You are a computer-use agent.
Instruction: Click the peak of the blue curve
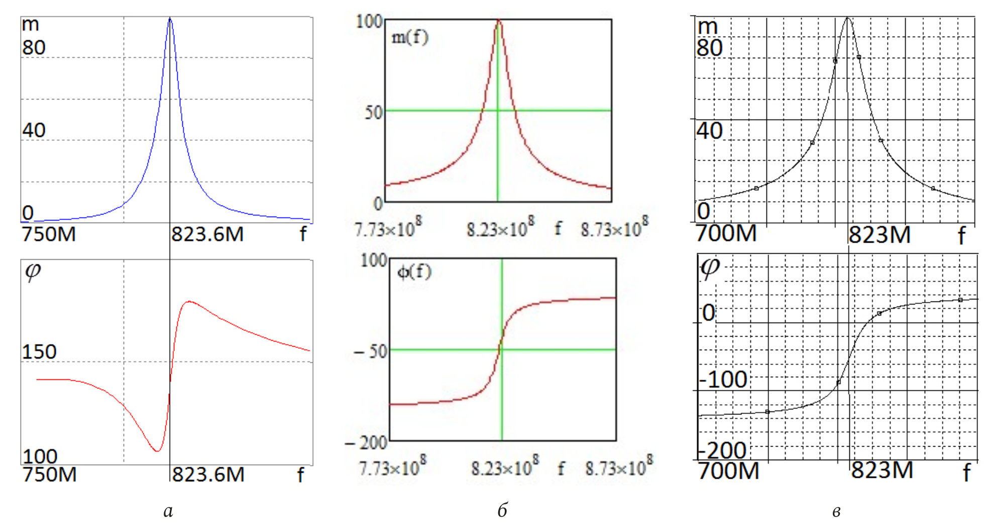tap(170, 19)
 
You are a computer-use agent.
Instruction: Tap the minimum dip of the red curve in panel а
tap(157, 450)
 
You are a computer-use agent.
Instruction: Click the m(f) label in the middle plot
tap(410, 37)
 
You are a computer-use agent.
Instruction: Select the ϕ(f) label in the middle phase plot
tap(414, 272)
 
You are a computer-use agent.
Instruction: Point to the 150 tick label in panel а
tap(39, 352)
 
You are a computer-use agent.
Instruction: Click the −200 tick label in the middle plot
tap(366, 443)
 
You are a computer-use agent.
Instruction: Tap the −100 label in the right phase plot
tap(723, 379)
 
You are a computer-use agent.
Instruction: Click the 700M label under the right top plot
tap(726, 233)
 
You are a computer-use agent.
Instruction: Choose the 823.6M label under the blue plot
tap(207, 234)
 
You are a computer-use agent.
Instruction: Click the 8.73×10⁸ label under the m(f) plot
tap(614, 229)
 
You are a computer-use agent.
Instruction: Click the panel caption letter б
tap(502, 510)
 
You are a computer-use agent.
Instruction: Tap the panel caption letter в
tap(836, 511)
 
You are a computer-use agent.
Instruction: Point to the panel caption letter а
tap(168, 511)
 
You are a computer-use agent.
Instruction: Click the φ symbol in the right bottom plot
tap(710, 268)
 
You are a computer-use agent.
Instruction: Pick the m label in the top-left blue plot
tap(30, 24)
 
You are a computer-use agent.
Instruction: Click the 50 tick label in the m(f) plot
tap(374, 112)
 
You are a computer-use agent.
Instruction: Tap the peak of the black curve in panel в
tap(848, 19)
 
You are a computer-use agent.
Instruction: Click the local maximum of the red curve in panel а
tap(188, 301)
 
